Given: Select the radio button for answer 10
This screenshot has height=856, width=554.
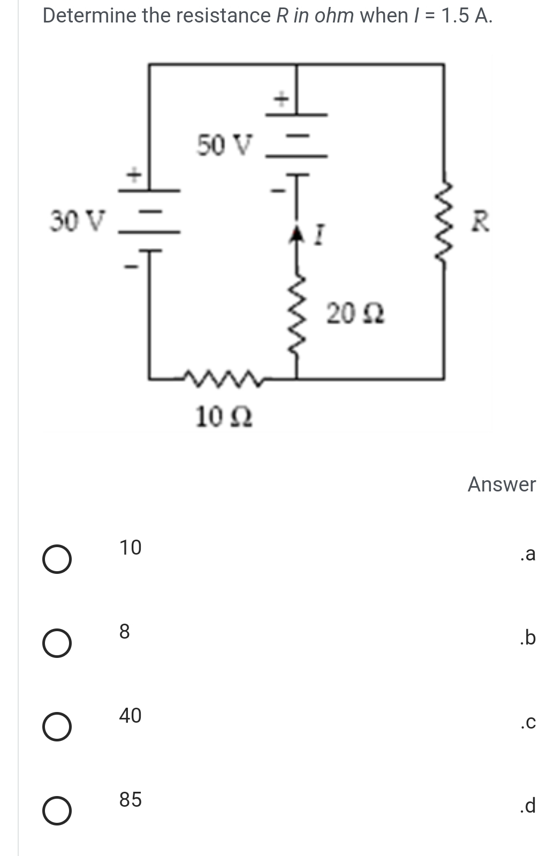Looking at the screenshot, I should [x=57, y=559].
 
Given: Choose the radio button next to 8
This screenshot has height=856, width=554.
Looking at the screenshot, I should [x=57, y=643].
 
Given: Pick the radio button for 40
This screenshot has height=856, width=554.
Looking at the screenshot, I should [x=57, y=727].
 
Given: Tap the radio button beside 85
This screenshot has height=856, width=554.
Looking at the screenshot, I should [x=57, y=810].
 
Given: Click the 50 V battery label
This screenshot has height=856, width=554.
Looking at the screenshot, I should [x=224, y=145].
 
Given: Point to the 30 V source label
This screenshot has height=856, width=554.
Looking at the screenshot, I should [x=78, y=221].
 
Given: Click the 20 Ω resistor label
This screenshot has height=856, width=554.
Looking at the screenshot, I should [x=355, y=314].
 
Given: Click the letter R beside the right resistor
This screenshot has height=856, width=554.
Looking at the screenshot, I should [x=480, y=222].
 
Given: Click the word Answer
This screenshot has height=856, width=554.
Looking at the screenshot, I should [x=502, y=484].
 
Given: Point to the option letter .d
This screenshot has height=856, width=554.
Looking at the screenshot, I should [x=528, y=805].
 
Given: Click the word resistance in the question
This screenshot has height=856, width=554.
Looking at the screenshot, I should [x=224, y=16].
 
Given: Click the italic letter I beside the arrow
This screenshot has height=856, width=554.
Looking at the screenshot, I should [x=320, y=234].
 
